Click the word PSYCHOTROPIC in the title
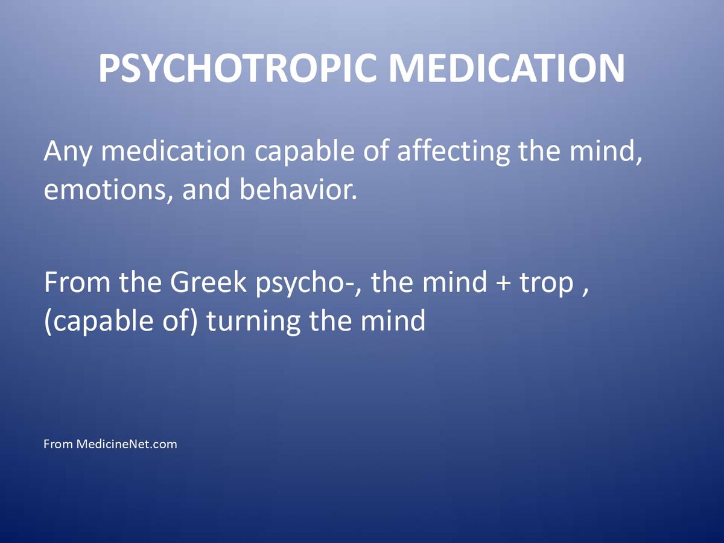238,68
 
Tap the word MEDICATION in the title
507,68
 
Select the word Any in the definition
68,152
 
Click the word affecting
453,151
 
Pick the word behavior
298,189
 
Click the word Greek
208,282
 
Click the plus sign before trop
503,283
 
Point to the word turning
253,321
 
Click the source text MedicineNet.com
127,444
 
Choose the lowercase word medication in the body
173,151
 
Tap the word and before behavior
206,189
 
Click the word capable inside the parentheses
103,321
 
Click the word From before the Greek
77,282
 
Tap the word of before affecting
376,151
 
